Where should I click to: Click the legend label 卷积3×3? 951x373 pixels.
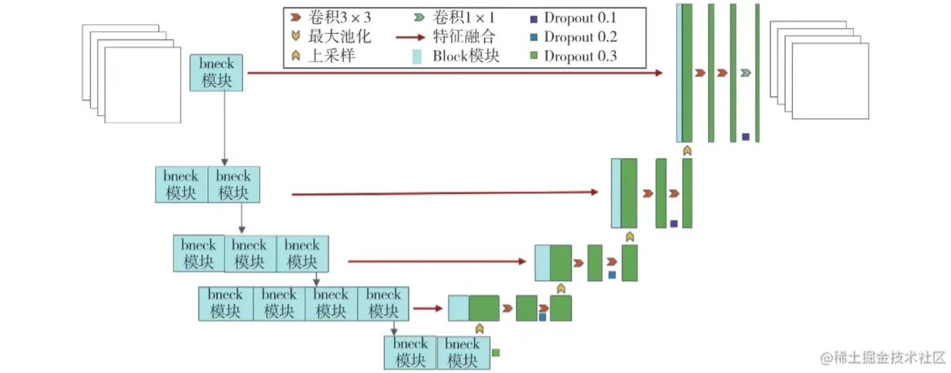point(339,18)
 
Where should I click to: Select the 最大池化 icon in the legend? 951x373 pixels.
point(296,36)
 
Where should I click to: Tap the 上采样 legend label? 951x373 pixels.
point(331,56)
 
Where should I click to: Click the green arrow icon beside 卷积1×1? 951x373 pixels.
point(419,18)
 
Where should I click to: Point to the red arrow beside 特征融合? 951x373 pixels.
point(410,37)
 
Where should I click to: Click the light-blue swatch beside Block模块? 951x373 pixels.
point(417,56)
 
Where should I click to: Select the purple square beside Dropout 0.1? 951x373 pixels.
point(534,19)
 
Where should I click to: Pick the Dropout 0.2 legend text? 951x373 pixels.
point(580,37)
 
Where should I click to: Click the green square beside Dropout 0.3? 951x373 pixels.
point(534,56)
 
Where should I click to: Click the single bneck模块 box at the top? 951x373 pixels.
point(216,73)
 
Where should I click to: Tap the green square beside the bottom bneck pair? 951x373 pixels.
point(495,353)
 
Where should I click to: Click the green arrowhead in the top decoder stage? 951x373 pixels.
point(746,73)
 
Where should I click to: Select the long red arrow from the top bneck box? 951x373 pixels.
point(454,73)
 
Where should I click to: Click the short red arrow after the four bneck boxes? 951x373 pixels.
point(428,308)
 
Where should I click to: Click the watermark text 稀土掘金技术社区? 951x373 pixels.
point(889,358)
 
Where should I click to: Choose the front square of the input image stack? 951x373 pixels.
point(143,85)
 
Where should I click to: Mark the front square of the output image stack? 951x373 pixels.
point(830,81)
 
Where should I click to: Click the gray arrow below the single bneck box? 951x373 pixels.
point(225,128)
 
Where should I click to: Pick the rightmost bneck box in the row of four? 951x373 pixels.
point(383,304)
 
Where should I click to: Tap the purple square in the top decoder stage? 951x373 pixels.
point(746,136)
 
